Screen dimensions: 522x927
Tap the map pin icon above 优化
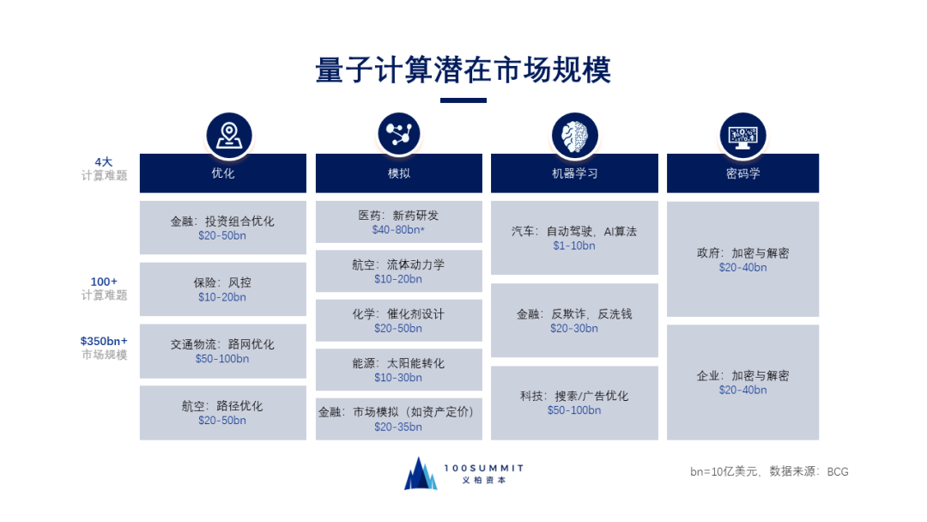228,135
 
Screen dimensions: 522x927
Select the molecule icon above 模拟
399,134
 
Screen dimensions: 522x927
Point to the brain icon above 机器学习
574,135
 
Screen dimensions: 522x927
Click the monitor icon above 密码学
742,135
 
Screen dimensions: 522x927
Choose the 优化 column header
223,173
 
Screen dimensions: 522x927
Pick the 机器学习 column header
574,173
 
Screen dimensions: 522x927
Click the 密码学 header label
742,173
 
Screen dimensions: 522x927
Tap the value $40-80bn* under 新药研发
398,230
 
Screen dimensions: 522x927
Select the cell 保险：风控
223,289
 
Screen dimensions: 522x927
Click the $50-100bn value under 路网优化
222,359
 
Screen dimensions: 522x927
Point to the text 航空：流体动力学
398,265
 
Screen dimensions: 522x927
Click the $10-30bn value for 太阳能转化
398,378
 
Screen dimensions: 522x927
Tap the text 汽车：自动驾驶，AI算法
574,232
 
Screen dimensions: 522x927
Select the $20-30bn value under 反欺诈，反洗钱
574,329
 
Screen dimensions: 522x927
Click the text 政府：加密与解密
742,254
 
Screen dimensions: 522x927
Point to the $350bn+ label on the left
104,341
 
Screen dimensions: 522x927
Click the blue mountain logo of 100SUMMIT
421,474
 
